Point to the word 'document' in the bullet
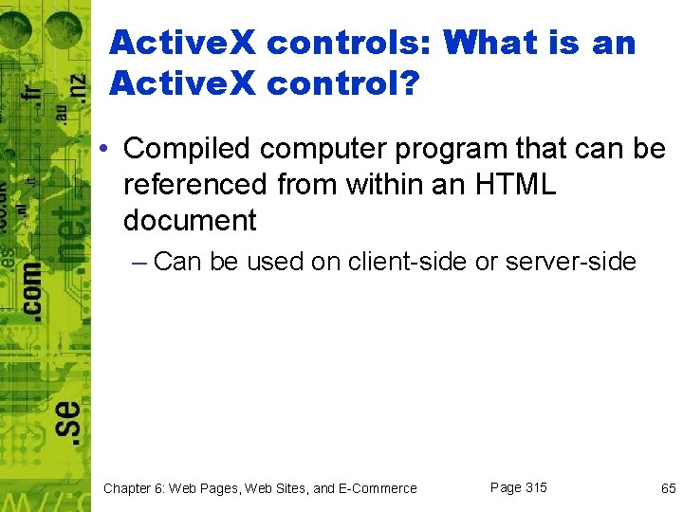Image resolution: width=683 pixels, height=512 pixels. [190, 221]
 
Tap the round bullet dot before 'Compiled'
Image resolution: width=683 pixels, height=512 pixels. [110, 150]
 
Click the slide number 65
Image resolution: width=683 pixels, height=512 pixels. [668, 488]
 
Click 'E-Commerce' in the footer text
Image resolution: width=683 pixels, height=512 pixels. [378, 488]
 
